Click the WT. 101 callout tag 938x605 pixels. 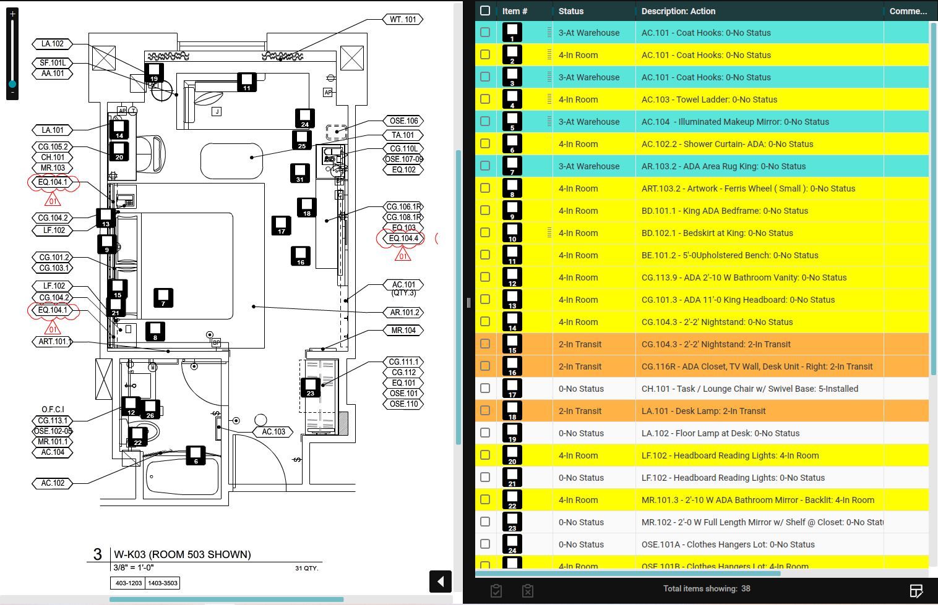click(403, 20)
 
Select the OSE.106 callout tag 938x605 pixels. click(403, 121)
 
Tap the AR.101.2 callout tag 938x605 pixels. click(404, 313)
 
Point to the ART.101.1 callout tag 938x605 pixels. click(54, 342)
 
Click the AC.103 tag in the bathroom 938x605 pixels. click(273, 432)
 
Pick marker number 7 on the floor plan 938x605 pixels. click(163, 298)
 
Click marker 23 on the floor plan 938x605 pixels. click(310, 387)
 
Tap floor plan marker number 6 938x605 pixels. click(196, 455)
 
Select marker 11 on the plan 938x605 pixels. click(247, 82)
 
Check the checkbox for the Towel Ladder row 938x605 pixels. click(485, 99)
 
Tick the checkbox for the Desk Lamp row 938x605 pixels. click(485, 410)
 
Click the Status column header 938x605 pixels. click(570, 11)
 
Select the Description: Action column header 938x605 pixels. click(678, 11)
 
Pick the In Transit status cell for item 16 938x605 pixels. click(580, 366)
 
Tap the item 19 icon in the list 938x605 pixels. click(512, 433)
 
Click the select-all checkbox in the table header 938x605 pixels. click(485, 11)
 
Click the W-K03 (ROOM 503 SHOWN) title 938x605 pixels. click(182, 554)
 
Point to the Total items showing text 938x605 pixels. click(707, 589)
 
